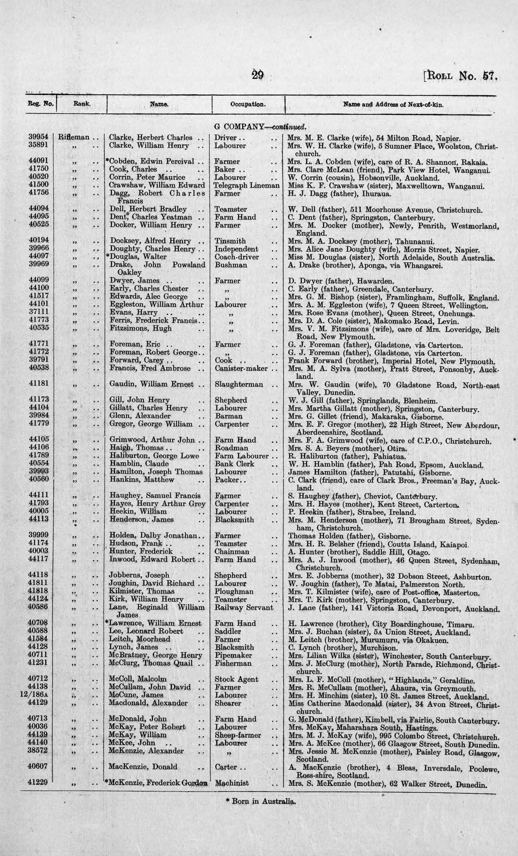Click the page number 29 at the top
[x=258, y=74]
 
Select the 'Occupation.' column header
[x=248, y=104]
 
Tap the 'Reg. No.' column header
[x=40, y=104]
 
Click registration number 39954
[x=38, y=137]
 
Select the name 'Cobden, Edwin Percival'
[x=152, y=161]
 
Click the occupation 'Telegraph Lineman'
[x=247, y=186]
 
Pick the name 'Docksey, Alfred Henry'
[x=150, y=241]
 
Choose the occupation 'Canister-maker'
[x=241, y=368]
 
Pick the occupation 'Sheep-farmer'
[x=237, y=735]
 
